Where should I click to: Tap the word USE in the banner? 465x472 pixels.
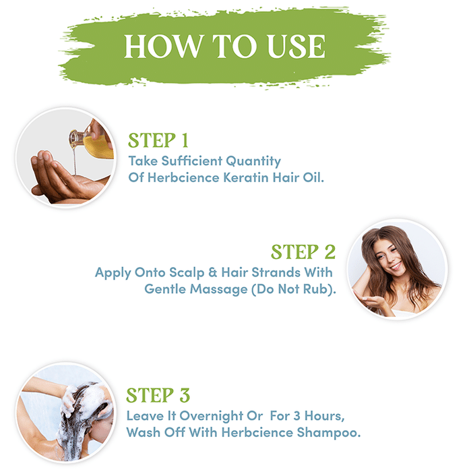297,46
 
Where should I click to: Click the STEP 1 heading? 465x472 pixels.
158,140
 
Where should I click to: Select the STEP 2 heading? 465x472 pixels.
303,252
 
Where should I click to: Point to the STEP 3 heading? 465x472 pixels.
158,395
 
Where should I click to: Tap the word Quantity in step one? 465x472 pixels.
253,161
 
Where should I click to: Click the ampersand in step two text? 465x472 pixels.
213,272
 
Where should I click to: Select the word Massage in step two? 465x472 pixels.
218,289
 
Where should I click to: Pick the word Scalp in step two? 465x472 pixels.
187,272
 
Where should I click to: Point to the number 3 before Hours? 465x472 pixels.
297,416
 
